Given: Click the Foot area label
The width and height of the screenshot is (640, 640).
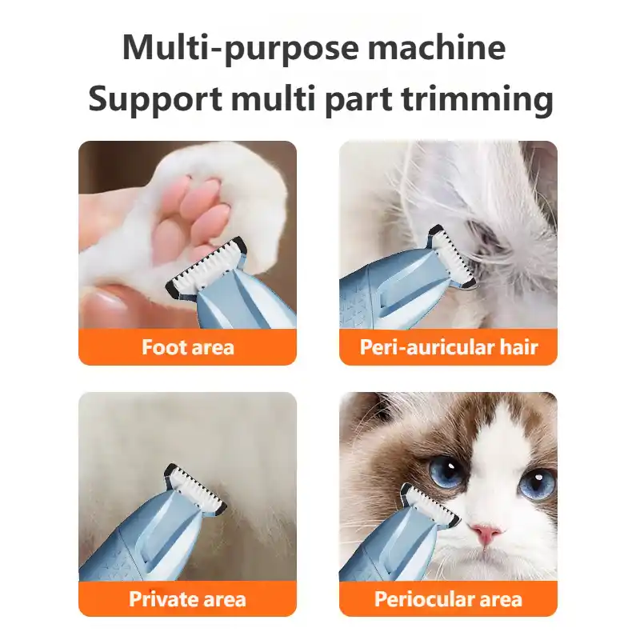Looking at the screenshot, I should (x=187, y=347).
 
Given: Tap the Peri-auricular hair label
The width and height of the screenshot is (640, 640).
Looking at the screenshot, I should (x=448, y=347).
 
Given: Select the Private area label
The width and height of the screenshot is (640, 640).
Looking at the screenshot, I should (x=187, y=599).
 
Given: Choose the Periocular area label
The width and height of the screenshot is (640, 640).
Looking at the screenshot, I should (x=448, y=599).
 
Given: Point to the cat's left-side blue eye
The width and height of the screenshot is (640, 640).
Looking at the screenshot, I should (x=446, y=472).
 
